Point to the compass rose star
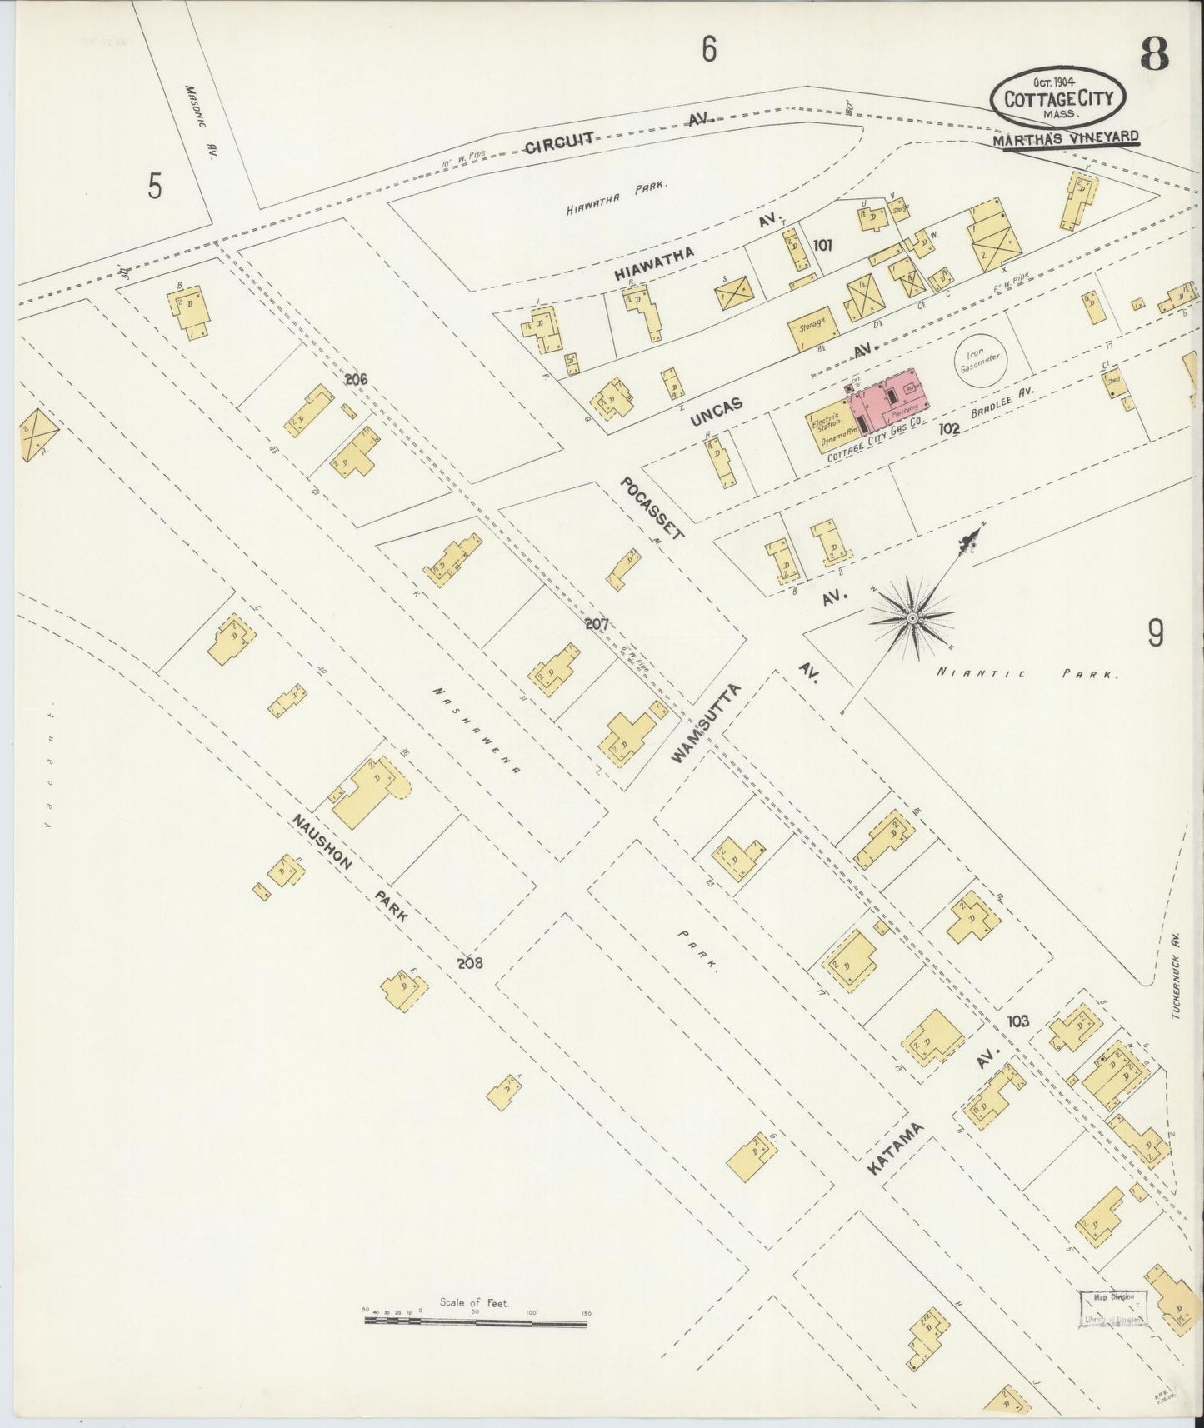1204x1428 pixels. point(912,617)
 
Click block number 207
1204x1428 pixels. point(597,623)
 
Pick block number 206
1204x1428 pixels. point(356,380)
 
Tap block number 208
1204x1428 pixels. point(470,962)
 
